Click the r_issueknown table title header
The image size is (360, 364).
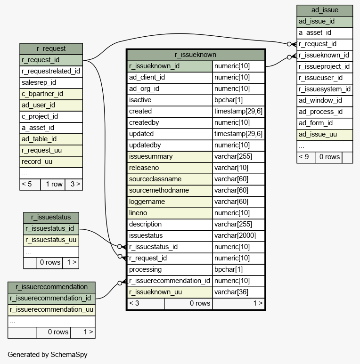point(196,55)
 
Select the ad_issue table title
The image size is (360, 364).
point(325,10)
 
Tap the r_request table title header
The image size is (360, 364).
point(51,49)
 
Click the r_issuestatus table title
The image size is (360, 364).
point(51,217)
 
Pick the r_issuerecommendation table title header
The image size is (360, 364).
point(51,287)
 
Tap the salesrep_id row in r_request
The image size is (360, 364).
point(51,83)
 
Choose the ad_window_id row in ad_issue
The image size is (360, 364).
point(325,100)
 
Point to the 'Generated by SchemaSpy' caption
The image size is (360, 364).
point(48,355)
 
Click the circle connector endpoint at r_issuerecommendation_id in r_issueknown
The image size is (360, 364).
point(120,283)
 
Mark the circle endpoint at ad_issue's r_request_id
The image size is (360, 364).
point(289,44)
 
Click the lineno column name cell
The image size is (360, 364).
point(170,213)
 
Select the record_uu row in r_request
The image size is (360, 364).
point(51,162)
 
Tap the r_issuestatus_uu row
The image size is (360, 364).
point(51,240)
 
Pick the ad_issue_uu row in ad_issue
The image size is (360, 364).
point(325,134)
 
